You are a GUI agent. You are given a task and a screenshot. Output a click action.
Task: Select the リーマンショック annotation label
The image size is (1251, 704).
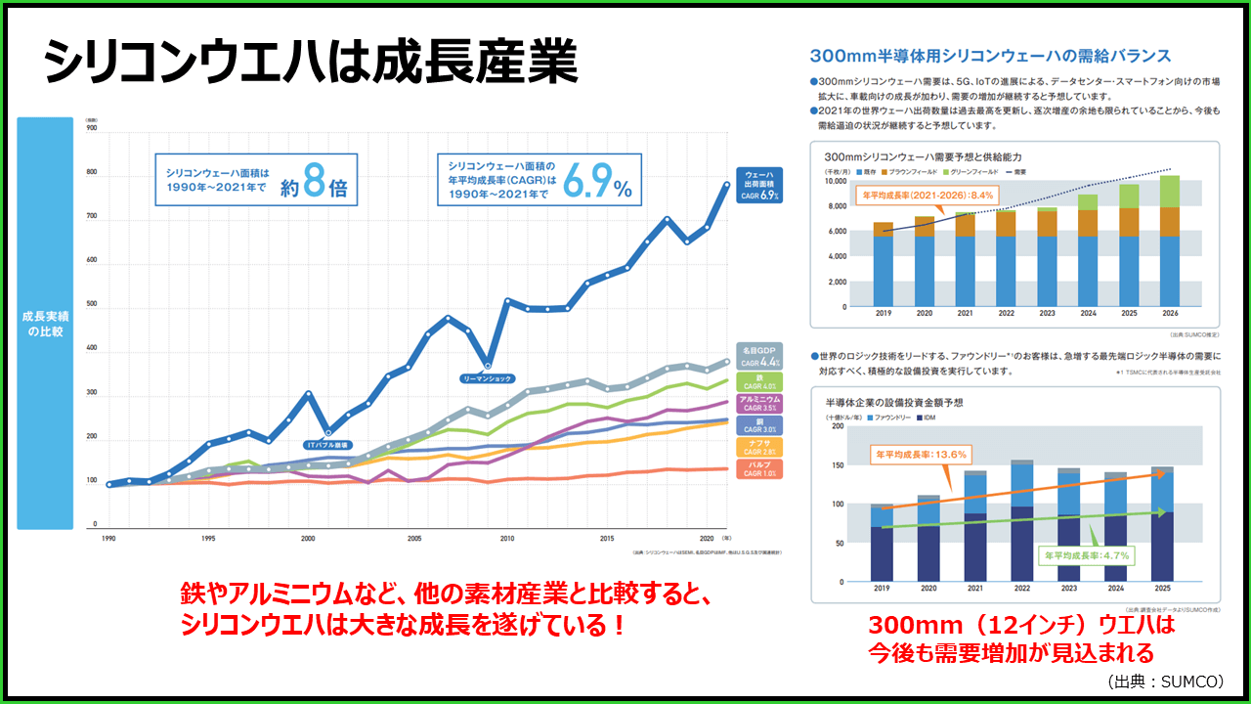tap(486, 377)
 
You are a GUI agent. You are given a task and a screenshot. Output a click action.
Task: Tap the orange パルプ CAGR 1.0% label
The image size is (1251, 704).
tap(758, 468)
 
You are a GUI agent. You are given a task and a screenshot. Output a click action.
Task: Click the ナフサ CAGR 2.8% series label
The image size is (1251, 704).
tap(758, 447)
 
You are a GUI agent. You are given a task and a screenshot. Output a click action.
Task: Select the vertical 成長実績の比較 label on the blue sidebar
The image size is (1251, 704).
tap(44, 324)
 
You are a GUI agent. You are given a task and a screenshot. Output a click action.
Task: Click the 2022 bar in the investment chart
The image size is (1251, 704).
tap(1021, 519)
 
